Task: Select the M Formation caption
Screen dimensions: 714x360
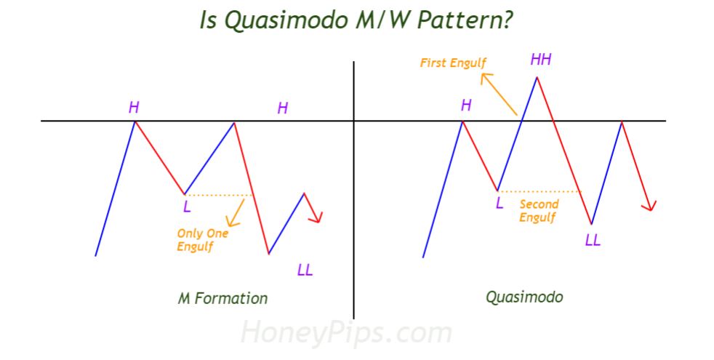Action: coord(222,298)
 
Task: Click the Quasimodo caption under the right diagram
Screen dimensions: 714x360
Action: coord(524,297)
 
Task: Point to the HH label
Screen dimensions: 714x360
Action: coord(541,59)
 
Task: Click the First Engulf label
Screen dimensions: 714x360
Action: coord(453,63)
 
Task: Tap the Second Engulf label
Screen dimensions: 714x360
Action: coord(539,210)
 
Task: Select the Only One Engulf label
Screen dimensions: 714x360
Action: coord(202,240)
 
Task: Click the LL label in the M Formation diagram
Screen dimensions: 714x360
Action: coord(305,271)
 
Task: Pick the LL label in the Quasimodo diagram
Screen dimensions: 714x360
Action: coord(593,240)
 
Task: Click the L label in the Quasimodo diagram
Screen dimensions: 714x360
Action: coord(500,203)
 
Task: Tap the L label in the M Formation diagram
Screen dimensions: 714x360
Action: coord(187,207)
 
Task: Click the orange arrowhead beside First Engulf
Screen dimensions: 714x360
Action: coord(486,79)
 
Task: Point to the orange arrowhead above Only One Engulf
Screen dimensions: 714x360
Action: coord(232,222)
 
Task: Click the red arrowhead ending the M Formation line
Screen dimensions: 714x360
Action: coord(317,218)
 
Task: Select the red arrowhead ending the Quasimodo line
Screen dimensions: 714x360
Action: coord(650,206)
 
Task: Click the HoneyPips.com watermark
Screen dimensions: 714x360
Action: coord(346,332)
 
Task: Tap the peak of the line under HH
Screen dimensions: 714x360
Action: coord(537,78)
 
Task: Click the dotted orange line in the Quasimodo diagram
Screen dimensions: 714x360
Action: coord(540,191)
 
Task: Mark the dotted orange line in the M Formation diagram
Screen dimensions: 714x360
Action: coord(219,195)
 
